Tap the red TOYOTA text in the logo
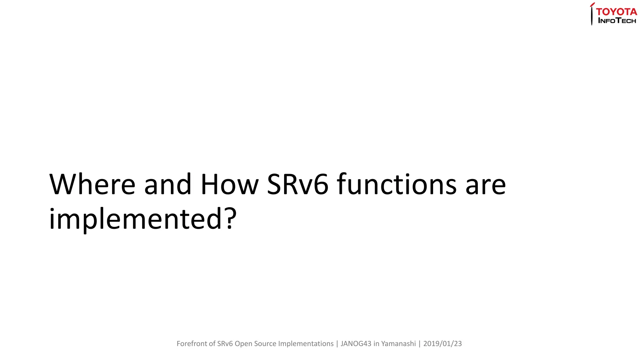(616, 12)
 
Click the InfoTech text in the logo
(617, 21)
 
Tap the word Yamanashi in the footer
(398, 344)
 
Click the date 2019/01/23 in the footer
(442, 344)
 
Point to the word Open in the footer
(243, 344)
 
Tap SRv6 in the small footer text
(225, 344)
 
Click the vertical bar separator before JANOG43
(337, 344)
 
